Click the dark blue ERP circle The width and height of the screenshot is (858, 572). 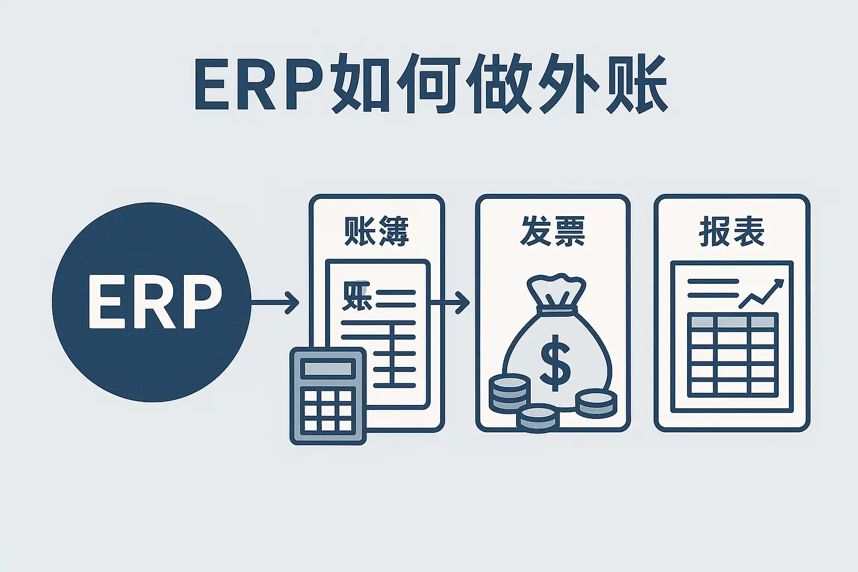(x=151, y=302)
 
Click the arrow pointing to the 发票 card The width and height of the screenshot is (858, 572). (x=452, y=303)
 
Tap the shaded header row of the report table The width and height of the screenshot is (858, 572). (x=732, y=321)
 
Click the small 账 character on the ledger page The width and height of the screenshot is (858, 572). (x=356, y=296)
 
